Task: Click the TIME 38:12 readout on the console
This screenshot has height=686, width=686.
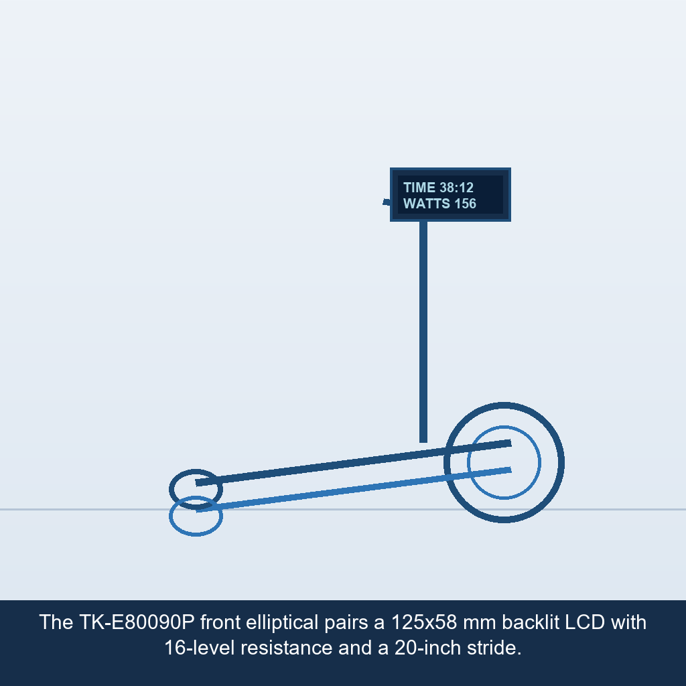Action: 438,188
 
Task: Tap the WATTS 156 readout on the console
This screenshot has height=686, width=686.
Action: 439,204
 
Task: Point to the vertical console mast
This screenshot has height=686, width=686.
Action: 423,332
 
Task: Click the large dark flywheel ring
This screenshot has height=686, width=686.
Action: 504,403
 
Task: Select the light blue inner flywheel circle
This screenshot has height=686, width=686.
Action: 504,427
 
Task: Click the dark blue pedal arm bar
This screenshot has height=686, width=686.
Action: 354,463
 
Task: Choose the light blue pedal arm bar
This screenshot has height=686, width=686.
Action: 354,490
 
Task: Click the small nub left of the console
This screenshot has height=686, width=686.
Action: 387,202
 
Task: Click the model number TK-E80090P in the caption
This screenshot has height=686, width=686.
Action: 137,622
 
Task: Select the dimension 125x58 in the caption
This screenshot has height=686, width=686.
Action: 423,622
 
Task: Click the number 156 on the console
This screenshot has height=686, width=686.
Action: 465,204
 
